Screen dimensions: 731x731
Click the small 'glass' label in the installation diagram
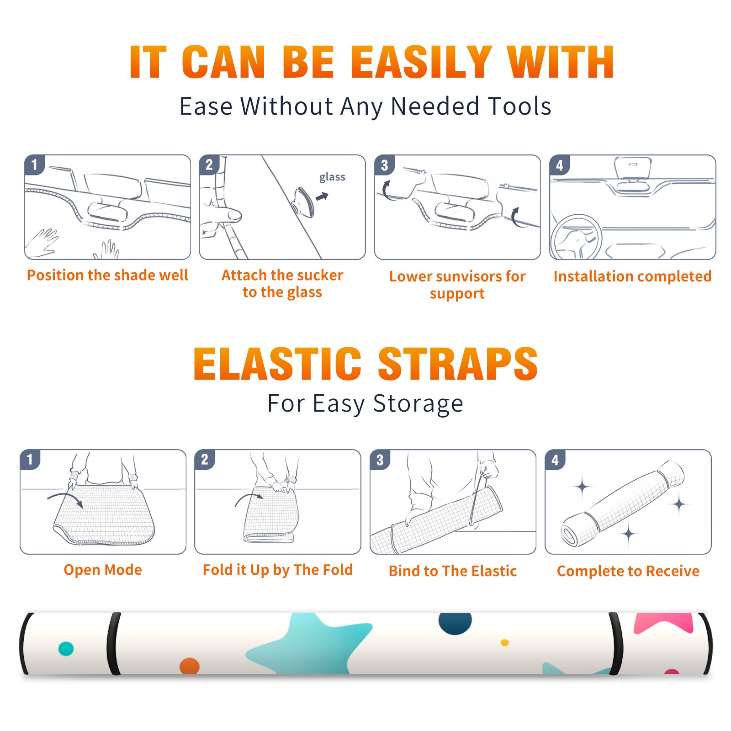[332, 177]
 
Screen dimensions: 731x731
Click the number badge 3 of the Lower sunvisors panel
[384, 165]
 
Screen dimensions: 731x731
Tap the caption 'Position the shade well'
[107, 275]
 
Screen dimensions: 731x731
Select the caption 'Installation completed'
[632, 276]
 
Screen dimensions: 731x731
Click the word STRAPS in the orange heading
[458, 364]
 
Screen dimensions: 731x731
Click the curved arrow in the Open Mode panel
[65, 499]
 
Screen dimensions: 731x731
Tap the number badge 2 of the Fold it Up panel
[205, 460]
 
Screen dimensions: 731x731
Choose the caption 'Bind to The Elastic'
[453, 571]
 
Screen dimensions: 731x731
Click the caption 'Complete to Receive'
[628, 571]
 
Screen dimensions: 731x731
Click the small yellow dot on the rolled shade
[505, 643]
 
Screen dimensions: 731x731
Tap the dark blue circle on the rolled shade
[455, 623]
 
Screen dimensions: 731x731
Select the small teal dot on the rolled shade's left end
[66, 649]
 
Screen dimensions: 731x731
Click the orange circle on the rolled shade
[190, 666]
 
